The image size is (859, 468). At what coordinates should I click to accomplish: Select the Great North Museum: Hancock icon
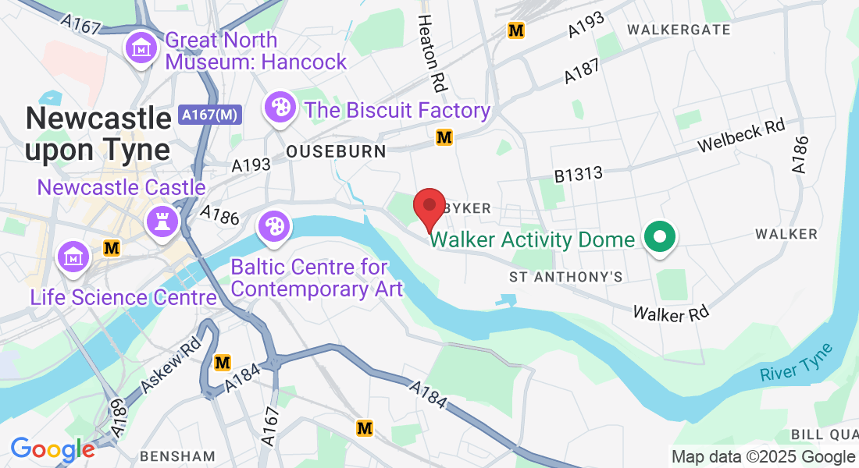141,49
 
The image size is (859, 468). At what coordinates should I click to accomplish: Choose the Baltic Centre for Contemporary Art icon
274,227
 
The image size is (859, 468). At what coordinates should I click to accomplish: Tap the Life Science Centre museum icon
73,256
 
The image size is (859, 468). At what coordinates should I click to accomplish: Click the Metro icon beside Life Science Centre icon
112,248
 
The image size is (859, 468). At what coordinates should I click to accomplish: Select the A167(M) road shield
210,115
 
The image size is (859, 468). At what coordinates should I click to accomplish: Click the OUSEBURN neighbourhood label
336,151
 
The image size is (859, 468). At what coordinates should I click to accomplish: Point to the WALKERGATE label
679,30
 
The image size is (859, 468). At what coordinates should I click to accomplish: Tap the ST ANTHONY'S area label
566,277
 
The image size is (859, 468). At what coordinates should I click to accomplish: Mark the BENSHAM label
176,456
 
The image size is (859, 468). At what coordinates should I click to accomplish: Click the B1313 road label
579,175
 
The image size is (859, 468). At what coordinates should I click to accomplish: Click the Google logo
52,449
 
